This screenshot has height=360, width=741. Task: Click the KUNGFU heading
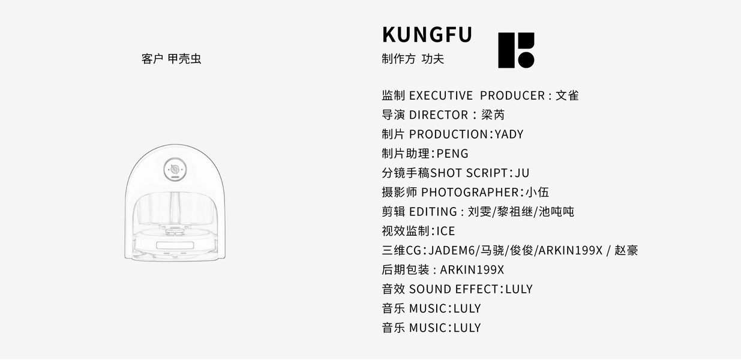pyautogui.click(x=427, y=34)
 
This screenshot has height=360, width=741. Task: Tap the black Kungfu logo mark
pyautogui.click(x=515, y=50)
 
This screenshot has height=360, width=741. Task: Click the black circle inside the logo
pyautogui.click(x=526, y=59)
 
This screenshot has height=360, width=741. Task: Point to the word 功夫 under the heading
pyautogui.click(x=433, y=59)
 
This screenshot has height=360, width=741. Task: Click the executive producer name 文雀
pyautogui.click(x=567, y=95)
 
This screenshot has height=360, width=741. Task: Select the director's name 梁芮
pyautogui.click(x=493, y=115)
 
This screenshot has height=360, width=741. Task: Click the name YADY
pyautogui.click(x=509, y=134)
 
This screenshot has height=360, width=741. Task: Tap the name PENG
pyautogui.click(x=452, y=154)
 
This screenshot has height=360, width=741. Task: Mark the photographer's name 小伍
pyautogui.click(x=537, y=192)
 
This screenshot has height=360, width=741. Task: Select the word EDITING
pyautogui.click(x=433, y=211)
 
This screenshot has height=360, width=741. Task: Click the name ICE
pyautogui.click(x=445, y=231)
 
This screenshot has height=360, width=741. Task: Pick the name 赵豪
pyautogui.click(x=626, y=250)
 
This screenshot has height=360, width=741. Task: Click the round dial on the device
pyautogui.click(x=175, y=169)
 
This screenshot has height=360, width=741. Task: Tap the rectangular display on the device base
pyautogui.click(x=175, y=245)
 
